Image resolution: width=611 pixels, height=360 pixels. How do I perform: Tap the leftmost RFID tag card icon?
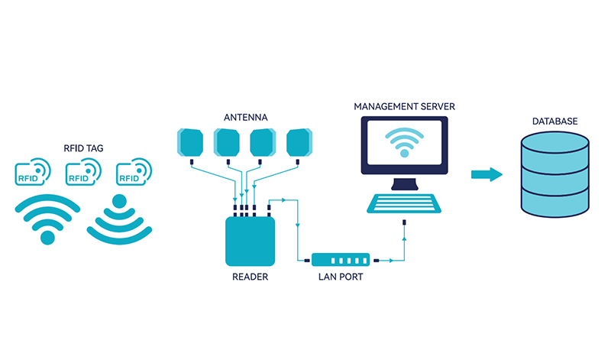tap(31, 173)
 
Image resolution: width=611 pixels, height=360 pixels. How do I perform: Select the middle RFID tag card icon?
tap(81, 173)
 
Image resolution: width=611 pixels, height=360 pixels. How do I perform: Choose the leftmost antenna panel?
tap(190, 142)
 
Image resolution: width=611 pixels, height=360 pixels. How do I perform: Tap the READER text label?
tap(250, 277)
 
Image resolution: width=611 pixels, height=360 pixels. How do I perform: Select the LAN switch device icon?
tap(340, 261)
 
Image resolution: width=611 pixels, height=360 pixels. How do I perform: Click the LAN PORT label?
tap(340, 277)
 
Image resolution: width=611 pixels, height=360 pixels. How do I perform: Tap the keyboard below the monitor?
tap(404, 203)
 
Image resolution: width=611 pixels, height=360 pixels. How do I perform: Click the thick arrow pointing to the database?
tap(486, 174)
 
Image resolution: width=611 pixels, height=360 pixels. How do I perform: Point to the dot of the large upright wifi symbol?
tap(48, 238)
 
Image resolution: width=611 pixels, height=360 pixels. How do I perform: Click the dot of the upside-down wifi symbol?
tap(119, 202)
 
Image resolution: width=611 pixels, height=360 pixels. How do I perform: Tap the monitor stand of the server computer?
tap(404, 183)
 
